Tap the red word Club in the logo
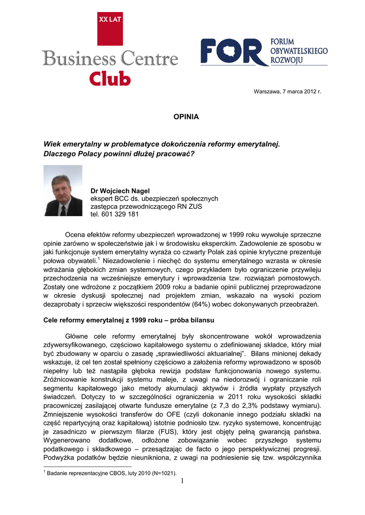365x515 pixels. pos(110,78)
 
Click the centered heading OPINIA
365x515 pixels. pos(186,117)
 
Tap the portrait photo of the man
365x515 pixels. pos(63,191)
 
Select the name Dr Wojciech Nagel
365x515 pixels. pos(120,191)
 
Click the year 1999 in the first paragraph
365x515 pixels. pos(237,234)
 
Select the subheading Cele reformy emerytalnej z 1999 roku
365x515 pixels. pos(115,320)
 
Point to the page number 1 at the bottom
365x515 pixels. pos(182,483)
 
